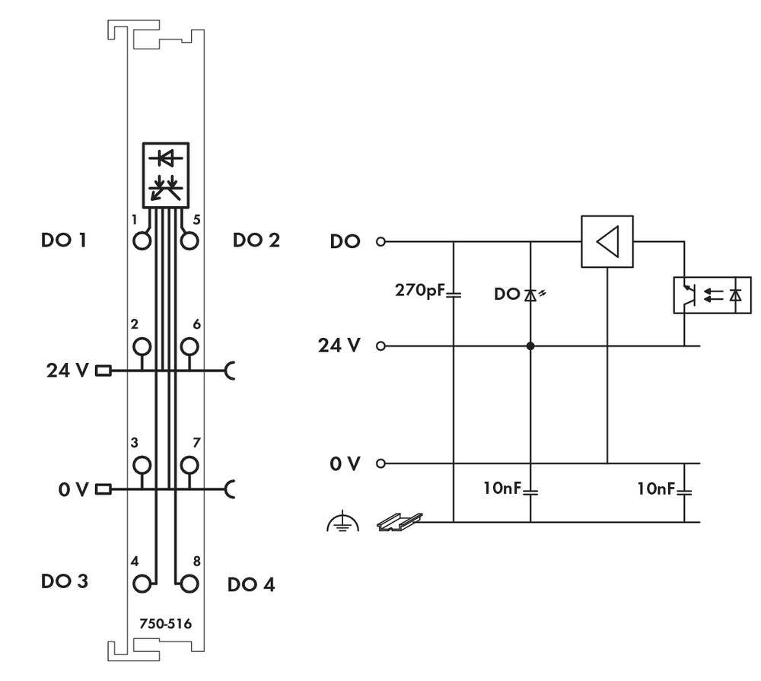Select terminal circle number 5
pos(189,241)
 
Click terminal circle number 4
pos(142,584)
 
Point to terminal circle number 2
pos(142,346)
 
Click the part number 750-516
pos(165,624)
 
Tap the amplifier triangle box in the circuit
pos(607,242)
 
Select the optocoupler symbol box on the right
pos(712,295)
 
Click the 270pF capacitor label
pos(418,291)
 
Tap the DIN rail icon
pos(400,521)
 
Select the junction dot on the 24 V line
pos(530,346)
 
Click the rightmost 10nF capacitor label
pos(657,488)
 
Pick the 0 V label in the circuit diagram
pos(344,463)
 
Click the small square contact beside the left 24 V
pos(103,371)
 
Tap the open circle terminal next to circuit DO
pos(381,242)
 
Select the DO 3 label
pos(64,581)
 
